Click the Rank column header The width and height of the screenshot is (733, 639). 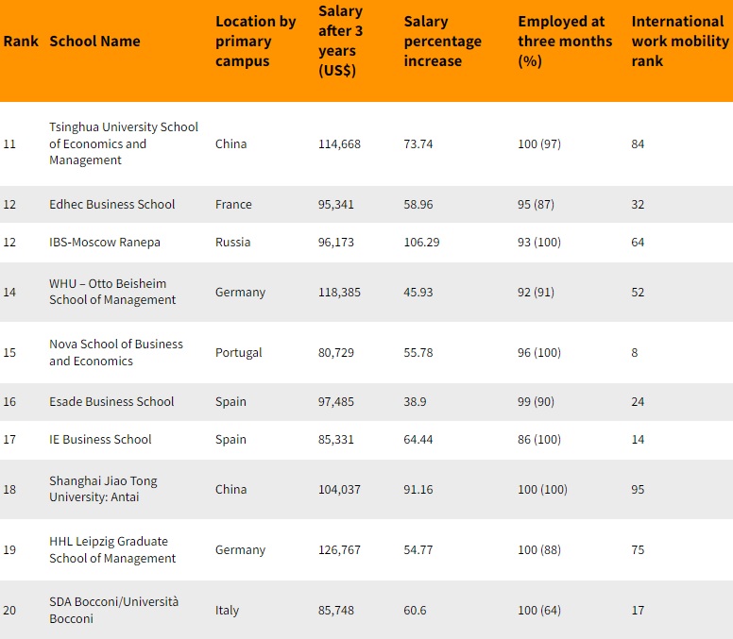21,42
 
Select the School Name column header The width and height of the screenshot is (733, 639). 94,42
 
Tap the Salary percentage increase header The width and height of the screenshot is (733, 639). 443,42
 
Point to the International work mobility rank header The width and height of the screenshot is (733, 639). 680,42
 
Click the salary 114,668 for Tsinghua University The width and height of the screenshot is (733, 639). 339,143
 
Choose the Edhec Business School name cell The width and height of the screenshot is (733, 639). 112,204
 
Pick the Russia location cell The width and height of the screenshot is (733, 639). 232,242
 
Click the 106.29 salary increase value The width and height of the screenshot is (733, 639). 421,242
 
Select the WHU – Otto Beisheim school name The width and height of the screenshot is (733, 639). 112,292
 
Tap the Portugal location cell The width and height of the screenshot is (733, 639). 238,353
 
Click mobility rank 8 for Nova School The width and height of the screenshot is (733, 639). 635,353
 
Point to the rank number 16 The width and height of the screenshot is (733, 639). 9,402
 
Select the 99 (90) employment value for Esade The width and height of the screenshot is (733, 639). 536,402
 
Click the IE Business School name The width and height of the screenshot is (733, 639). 100,440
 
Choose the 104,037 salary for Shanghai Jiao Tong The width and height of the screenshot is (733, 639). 339,490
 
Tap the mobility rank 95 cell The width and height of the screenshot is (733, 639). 638,490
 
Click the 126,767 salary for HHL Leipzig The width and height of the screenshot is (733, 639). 339,549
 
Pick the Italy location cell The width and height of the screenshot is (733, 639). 227,611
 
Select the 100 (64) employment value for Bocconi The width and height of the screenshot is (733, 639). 539,611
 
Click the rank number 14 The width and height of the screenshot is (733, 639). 9,292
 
